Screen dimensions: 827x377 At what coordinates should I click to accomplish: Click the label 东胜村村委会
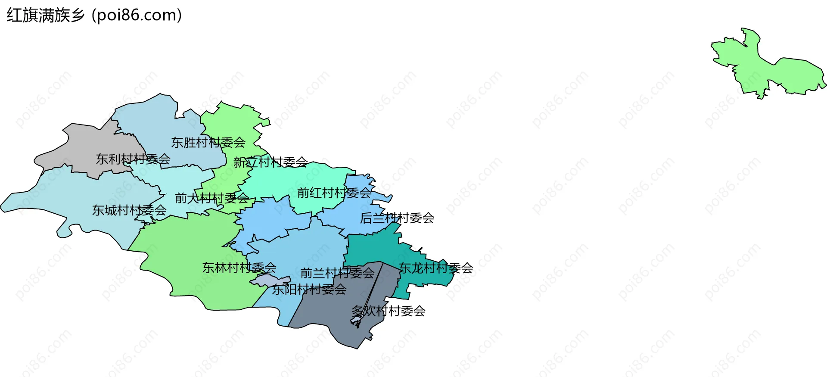tap(208, 142)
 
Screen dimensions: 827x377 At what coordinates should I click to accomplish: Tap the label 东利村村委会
tap(133, 159)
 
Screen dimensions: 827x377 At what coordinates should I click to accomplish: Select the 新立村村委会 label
tap(270, 162)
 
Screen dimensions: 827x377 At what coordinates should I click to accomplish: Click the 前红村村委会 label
tap(334, 193)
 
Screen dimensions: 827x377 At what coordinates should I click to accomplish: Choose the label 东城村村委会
tap(129, 210)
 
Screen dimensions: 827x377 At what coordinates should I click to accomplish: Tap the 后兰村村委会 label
tap(397, 218)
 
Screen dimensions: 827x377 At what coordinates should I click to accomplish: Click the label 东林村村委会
tap(239, 268)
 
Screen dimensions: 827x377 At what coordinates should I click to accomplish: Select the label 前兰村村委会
tap(337, 273)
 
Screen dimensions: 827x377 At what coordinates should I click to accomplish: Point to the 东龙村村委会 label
tap(436, 268)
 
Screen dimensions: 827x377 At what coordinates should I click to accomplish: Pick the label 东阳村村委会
tap(309, 290)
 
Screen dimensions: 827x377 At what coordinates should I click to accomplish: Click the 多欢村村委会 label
tap(388, 311)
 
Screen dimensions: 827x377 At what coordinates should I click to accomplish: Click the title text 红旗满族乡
tap(46, 16)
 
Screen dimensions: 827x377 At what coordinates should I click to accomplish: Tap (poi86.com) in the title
tap(137, 16)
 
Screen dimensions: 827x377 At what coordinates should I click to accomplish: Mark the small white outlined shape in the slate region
tap(357, 320)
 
